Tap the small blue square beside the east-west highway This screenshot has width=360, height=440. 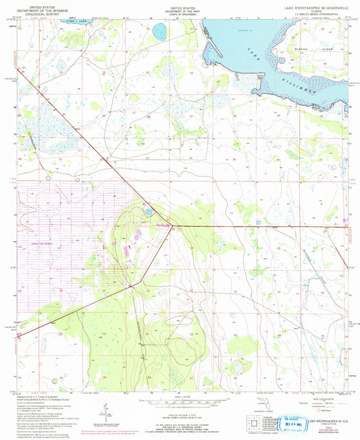(257, 222)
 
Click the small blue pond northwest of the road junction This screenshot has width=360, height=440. (148, 214)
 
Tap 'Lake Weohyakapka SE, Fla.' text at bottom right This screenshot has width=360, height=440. (323, 420)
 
